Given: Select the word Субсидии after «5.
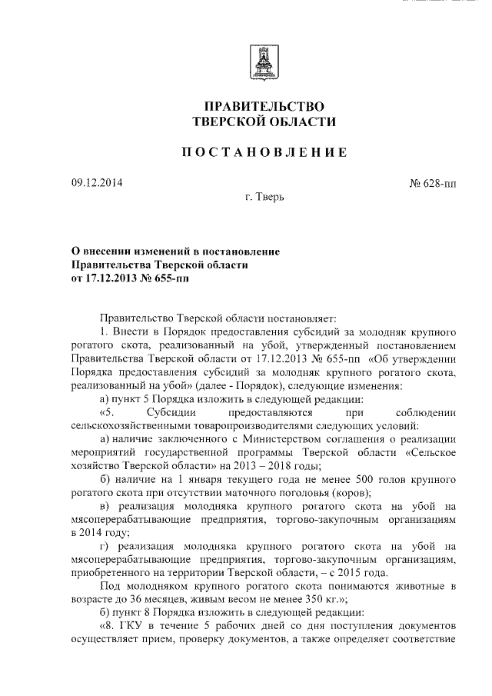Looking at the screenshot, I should coord(163,411).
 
